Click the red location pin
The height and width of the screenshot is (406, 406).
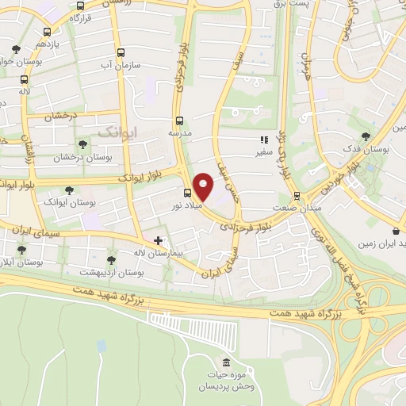(204, 186)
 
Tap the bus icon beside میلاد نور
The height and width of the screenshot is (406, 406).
(188, 193)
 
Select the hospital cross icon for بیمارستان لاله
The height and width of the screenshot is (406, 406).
(159, 239)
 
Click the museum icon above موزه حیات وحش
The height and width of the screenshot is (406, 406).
(226, 362)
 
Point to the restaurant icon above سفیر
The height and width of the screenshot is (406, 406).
(262, 139)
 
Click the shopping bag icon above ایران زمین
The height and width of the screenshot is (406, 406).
(396, 231)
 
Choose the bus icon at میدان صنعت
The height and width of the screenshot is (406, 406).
(297, 195)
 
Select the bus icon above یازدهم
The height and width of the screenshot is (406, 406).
(47, 33)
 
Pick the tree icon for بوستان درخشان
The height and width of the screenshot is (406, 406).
(82, 144)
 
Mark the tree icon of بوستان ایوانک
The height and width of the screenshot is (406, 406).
(70, 190)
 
